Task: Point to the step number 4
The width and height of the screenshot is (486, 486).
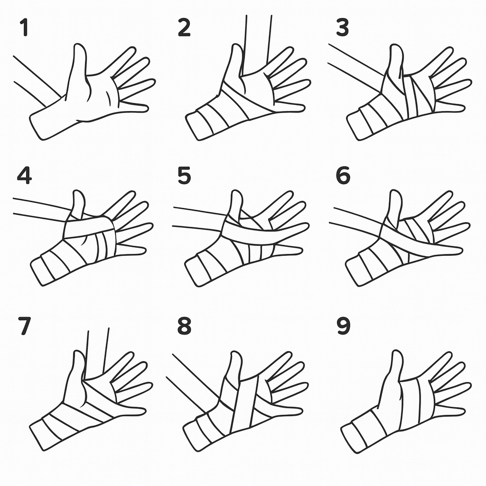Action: [x=24, y=176]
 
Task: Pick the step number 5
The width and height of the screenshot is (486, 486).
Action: [x=184, y=176]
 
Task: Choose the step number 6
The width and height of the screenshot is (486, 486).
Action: [x=343, y=176]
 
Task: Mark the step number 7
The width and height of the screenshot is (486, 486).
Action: [x=25, y=326]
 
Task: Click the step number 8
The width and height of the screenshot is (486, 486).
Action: [x=184, y=326]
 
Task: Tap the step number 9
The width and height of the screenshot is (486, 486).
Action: [x=343, y=326]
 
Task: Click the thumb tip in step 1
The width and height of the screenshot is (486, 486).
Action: [x=79, y=45]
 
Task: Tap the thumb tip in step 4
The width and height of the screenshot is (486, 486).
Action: [x=79, y=192]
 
